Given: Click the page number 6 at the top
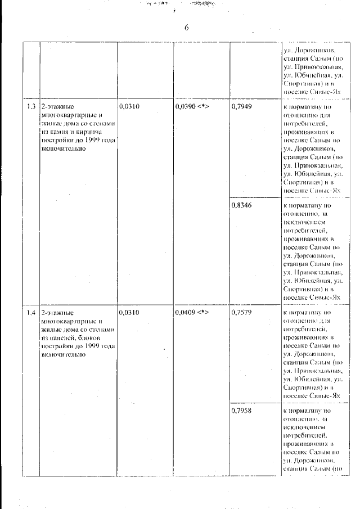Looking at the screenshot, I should pyautogui.click(x=186, y=28).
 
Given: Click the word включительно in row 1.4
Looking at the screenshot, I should pyautogui.click(x=63, y=354).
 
